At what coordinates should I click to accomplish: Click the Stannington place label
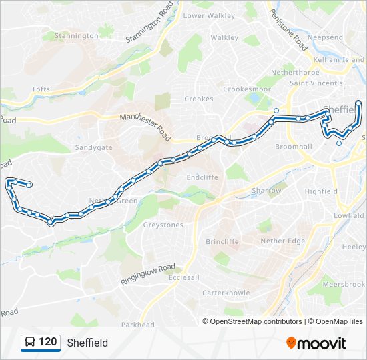pos(76,35)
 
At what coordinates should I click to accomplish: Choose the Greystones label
pos(163,225)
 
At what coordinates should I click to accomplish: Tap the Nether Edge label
pos(282,241)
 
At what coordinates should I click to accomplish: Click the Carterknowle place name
pos(227,292)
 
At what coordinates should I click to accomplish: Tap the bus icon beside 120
pos(30,343)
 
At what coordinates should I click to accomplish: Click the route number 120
pos(47,342)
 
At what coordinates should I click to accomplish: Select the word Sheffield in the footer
pos(87,343)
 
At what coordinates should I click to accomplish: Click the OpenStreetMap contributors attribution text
pos(256,321)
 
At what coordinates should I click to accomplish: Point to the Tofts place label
pos(41,89)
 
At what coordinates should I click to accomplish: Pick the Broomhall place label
pos(294,146)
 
